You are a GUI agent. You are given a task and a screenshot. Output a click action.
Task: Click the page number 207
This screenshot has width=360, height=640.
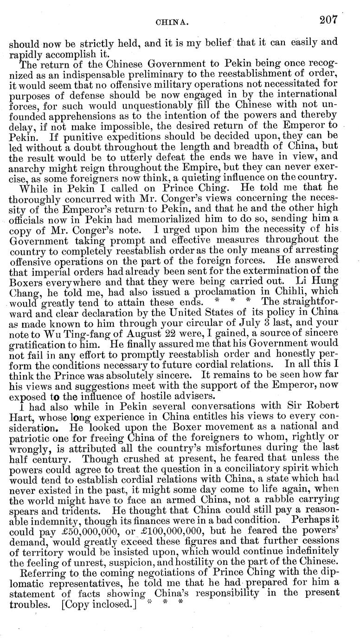pos(328,20)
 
